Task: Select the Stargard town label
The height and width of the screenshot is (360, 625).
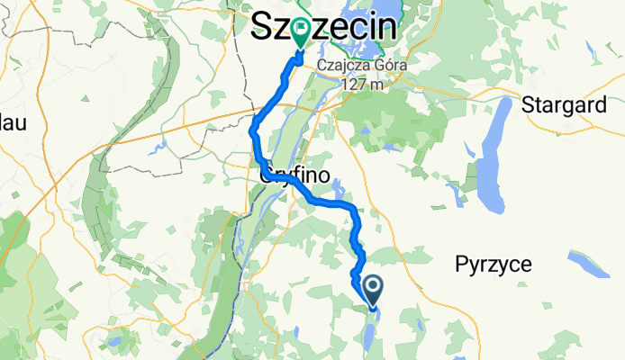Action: pos(563,105)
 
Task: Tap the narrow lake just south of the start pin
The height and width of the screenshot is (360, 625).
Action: pos(370,329)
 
